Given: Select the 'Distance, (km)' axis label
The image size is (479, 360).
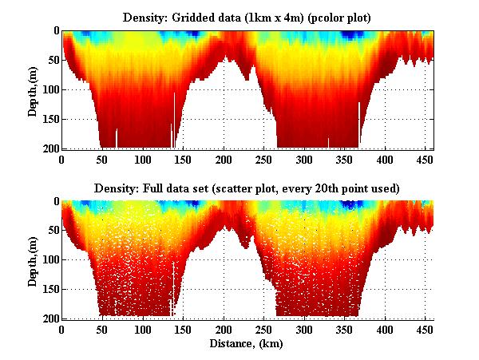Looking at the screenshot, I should [x=247, y=344].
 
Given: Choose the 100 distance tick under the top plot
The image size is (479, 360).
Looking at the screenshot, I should [x=143, y=159].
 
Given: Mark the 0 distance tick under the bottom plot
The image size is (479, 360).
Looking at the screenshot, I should [x=62, y=329].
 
